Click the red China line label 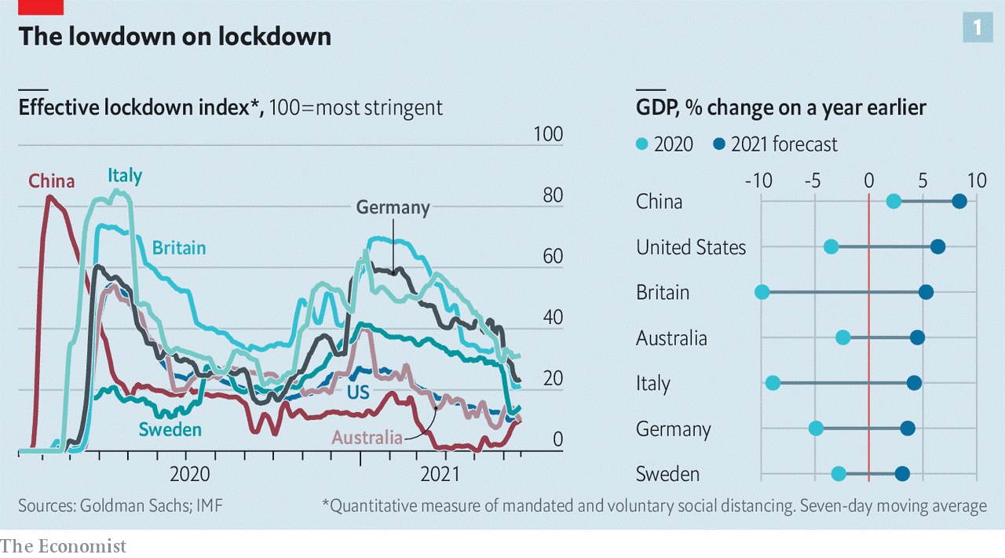point(52,181)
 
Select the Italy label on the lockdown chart point(125,176)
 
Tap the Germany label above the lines point(393,208)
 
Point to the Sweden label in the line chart point(170,429)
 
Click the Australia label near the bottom point(367,437)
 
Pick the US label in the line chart point(359,392)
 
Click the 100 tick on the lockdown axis point(547,134)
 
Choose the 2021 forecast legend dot point(719,144)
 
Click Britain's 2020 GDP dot point(762,292)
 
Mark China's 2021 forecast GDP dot point(959,202)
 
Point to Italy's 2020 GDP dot point(773,383)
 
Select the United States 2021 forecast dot point(937,247)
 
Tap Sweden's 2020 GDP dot point(839,473)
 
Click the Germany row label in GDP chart point(673,429)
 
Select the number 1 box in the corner point(977,28)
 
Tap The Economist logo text point(63,545)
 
